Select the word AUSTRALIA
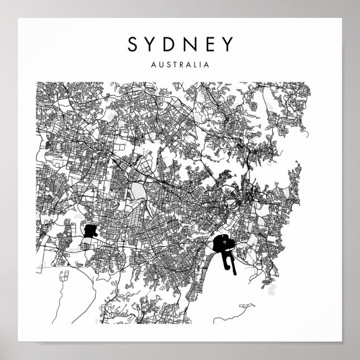point(179,64)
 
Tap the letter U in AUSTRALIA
point(160,64)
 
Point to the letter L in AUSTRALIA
point(196,64)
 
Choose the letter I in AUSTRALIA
point(201,64)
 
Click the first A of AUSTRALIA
point(153,64)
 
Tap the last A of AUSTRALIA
point(207,64)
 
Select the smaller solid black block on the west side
point(89,230)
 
